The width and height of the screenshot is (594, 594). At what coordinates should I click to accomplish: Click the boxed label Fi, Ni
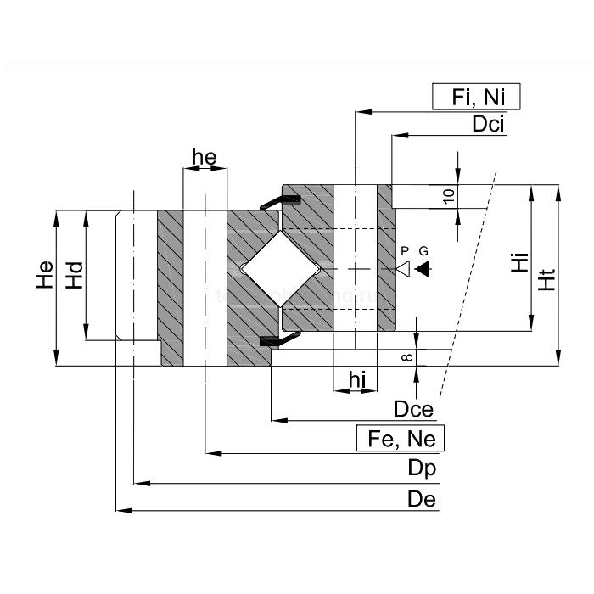(475, 97)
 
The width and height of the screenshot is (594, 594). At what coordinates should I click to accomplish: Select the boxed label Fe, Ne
(401, 439)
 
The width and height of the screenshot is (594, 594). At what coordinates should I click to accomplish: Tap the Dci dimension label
(490, 124)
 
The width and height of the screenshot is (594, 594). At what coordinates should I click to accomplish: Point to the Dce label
(413, 410)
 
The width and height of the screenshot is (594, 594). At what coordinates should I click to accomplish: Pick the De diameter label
(421, 499)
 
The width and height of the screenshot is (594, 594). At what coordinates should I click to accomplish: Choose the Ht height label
(546, 277)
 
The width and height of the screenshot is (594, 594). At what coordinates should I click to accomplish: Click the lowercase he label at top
(205, 157)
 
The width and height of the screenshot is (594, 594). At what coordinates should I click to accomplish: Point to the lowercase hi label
(357, 381)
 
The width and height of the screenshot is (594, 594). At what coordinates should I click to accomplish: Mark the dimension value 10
(449, 195)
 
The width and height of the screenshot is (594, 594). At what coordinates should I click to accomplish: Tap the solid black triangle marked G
(423, 269)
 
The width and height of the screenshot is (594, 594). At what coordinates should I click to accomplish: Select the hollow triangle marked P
(405, 269)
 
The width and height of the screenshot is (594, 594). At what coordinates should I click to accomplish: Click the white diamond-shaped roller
(280, 269)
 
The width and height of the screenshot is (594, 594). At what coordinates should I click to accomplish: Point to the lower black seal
(279, 340)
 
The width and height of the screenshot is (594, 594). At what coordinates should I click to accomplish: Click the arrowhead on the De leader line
(122, 510)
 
